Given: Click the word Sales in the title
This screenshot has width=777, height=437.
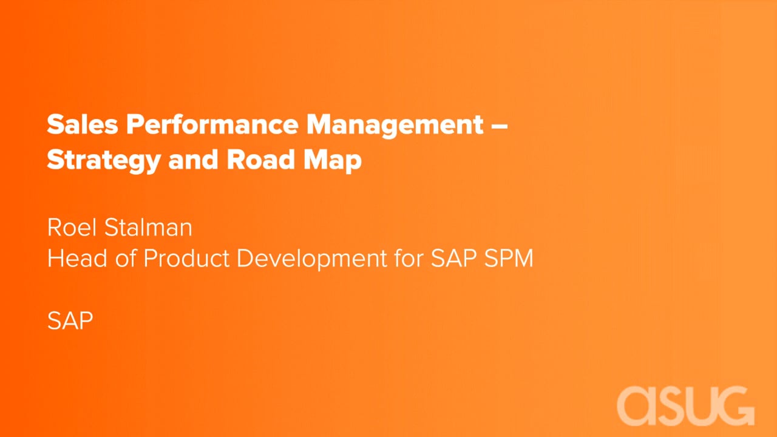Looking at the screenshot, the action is coord(82,124).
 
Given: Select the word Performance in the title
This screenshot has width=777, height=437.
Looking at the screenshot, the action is coord(212,124).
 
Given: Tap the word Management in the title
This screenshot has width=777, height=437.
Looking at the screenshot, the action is coord(395,126).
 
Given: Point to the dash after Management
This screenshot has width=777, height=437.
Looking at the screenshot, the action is coord(500,126).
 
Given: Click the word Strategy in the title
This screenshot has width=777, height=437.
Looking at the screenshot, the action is coord(104,161).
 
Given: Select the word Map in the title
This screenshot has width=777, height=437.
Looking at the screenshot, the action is coord(332,161).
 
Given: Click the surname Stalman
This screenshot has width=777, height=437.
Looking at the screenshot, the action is coord(148,228).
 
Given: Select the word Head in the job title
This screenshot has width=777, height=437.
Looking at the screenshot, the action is coord(77,258).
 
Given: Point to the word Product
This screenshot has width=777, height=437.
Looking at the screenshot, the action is coord(186,258).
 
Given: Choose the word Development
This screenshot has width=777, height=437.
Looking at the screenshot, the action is coord(312,259).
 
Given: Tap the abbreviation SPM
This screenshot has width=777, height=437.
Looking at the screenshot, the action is coord(509,258).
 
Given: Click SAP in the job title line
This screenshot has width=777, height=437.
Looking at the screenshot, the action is coord(453,258).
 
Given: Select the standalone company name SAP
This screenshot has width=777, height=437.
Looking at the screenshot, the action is coord(70,320).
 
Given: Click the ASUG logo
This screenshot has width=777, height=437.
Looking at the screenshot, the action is coord(686,406).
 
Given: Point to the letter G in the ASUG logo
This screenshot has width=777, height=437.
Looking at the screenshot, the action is coord(735,406).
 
